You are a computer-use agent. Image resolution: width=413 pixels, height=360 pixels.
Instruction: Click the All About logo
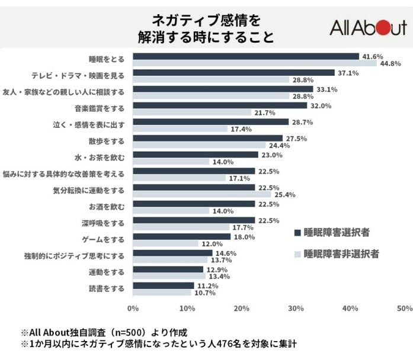[367, 28]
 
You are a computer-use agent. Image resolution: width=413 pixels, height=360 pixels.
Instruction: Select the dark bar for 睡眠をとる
[246, 56]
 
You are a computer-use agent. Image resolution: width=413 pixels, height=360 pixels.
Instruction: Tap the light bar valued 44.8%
[255, 63]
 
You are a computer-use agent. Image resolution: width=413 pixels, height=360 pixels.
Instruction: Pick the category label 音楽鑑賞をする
[99, 109]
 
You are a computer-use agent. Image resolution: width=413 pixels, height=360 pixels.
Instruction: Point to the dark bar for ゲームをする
[181, 237]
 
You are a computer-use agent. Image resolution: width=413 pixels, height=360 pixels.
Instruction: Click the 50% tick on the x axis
[405, 308]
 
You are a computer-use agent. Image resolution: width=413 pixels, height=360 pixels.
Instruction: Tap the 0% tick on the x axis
[133, 308]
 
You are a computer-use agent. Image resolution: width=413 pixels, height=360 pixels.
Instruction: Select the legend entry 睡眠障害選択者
[332, 232]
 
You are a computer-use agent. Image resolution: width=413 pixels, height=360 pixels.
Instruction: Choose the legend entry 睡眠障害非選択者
[337, 254]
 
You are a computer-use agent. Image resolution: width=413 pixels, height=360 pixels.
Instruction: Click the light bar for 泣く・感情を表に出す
[180, 129]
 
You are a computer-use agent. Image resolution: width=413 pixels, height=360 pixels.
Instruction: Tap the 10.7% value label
[204, 292]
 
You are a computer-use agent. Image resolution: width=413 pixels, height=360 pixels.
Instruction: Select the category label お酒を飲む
[107, 207]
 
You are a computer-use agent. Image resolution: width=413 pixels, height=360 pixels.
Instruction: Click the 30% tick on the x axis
[296, 308]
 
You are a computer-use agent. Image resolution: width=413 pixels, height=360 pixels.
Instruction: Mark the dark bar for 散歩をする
[207, 139]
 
